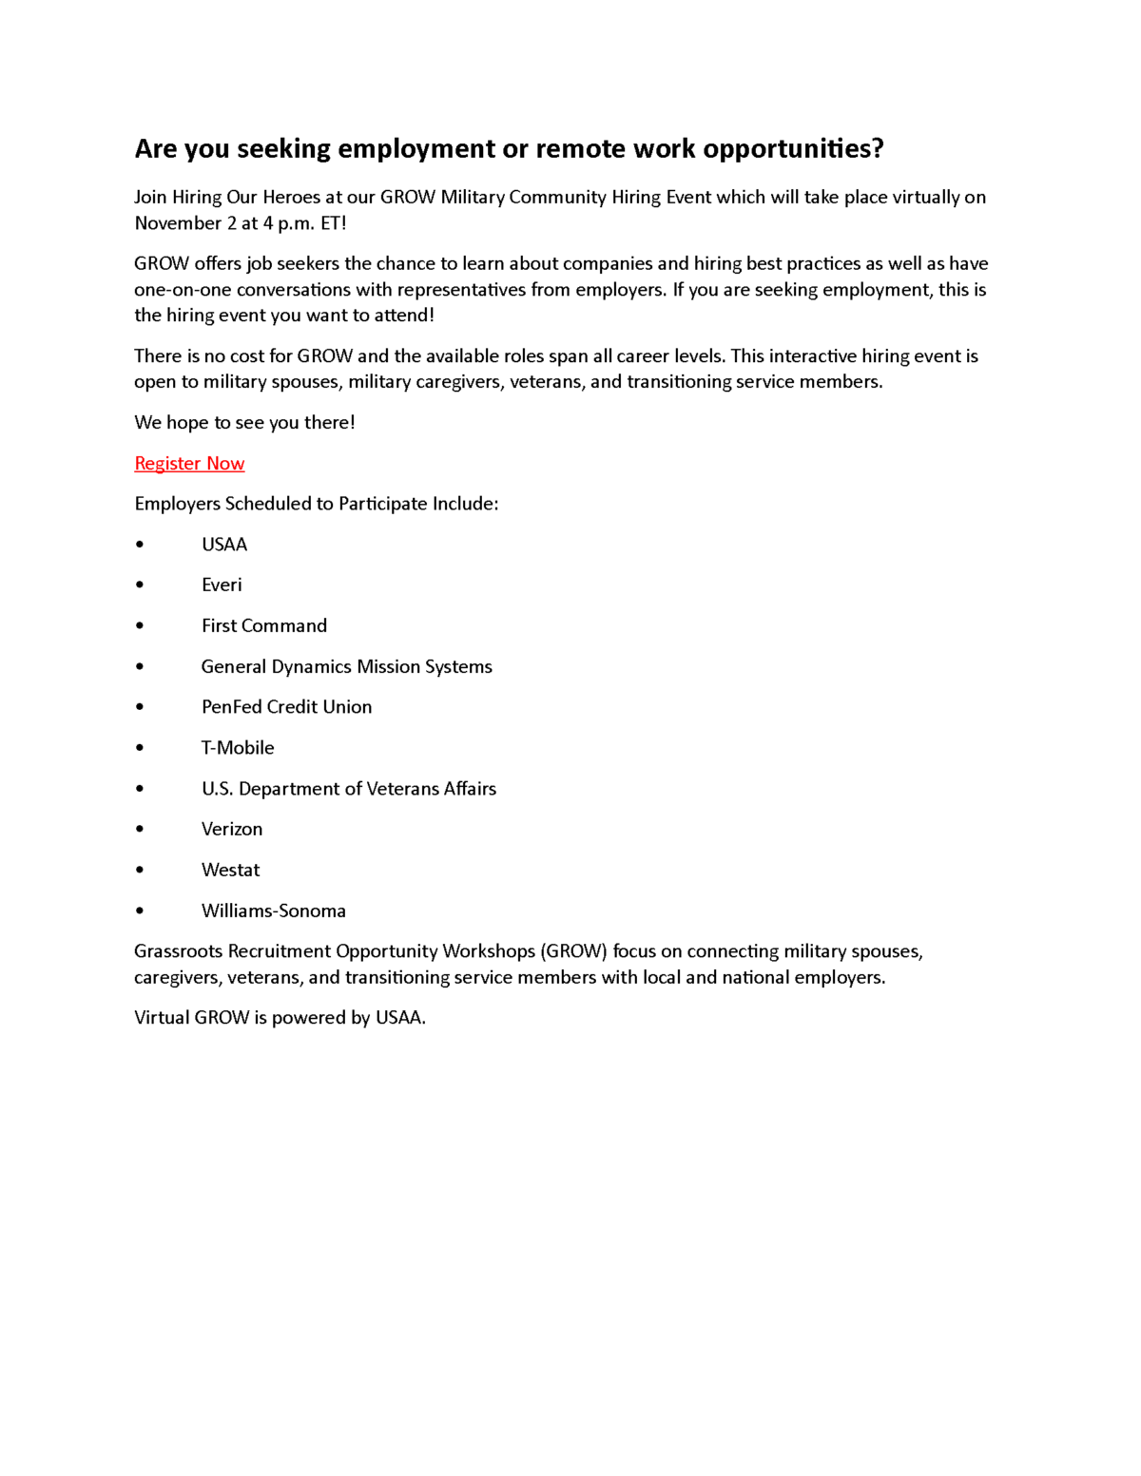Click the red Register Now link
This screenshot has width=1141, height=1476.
189,463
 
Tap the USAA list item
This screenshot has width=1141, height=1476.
224,545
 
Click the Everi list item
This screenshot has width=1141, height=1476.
222,585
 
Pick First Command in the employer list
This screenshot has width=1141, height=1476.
264,625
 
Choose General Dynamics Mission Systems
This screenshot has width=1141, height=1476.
346,666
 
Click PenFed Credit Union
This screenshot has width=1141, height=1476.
286,707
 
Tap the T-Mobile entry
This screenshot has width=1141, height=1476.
238,748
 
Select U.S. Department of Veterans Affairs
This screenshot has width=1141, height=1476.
349,789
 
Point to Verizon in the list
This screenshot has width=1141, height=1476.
232,829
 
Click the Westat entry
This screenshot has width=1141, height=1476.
230,870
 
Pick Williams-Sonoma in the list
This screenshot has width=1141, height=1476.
274,911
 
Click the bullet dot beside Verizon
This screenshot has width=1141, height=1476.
140,829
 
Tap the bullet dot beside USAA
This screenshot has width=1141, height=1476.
140,545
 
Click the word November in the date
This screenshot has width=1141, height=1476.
178,223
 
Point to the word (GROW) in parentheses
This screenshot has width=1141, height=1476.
573,951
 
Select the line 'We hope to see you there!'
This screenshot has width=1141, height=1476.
244,422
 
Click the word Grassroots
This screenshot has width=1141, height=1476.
179,951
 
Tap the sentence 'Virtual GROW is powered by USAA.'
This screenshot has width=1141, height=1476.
280,1018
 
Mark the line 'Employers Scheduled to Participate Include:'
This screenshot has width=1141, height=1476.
316,504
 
